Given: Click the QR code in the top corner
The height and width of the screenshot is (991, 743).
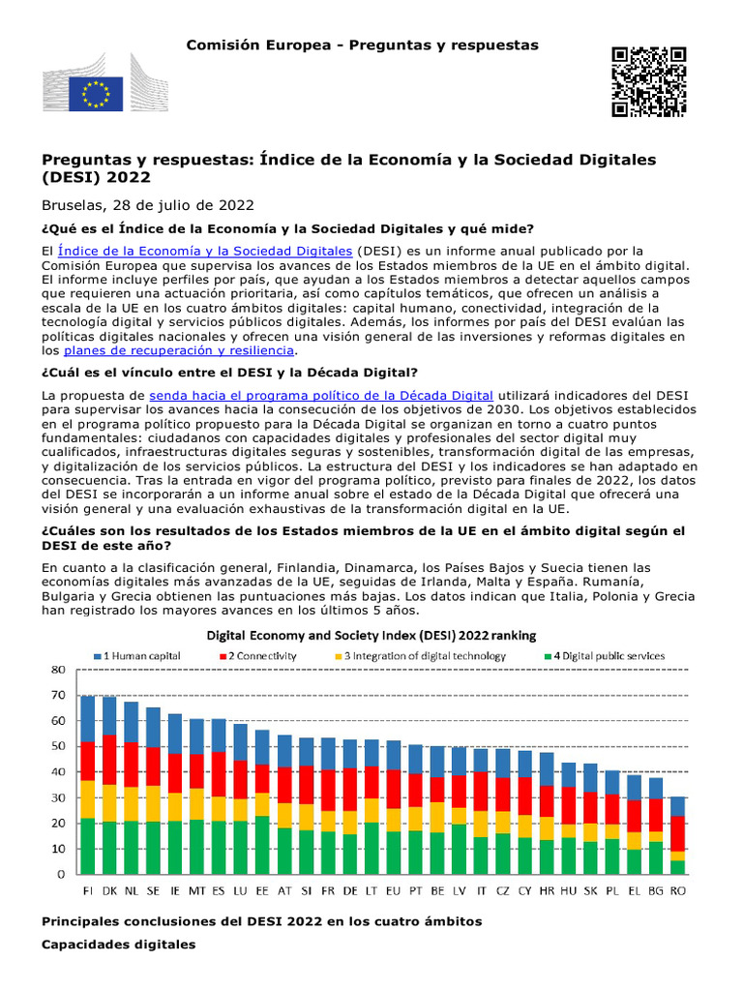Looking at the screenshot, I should click(x=648, y=81).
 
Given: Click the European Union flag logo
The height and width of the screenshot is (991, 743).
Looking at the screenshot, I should click(x=96, y=94).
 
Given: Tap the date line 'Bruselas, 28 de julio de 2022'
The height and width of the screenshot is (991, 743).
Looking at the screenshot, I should click(x=147, y=205).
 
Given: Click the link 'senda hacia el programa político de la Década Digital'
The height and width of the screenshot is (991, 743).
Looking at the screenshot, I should click(x=321, y=395).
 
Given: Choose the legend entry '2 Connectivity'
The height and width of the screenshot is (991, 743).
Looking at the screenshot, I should click(x=289, y=656).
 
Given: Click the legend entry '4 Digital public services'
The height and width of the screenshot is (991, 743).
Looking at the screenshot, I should click(x=602, y=656).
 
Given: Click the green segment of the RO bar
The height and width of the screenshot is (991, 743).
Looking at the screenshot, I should click(x=678, y=867).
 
